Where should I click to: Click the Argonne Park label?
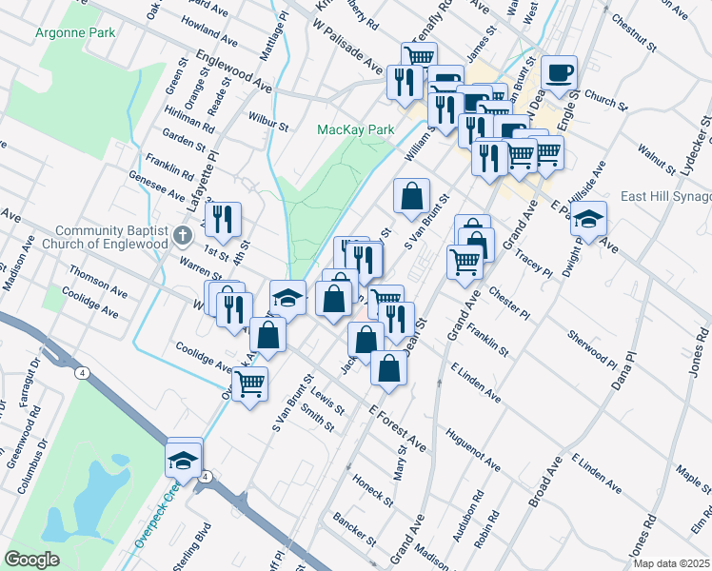pyautogui.click(x=74, y=32)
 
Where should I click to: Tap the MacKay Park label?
pyautogui.click(x=355, y=128)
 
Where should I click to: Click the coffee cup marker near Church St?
pyautogui.click(x=559, y=73)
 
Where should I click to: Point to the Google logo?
pyautogui.click(x=31, y=559)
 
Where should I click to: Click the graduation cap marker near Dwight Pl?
pyautogui.click(x=589, y=219)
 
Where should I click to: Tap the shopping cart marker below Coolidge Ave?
pyautogui.click(x=250, y=384)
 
